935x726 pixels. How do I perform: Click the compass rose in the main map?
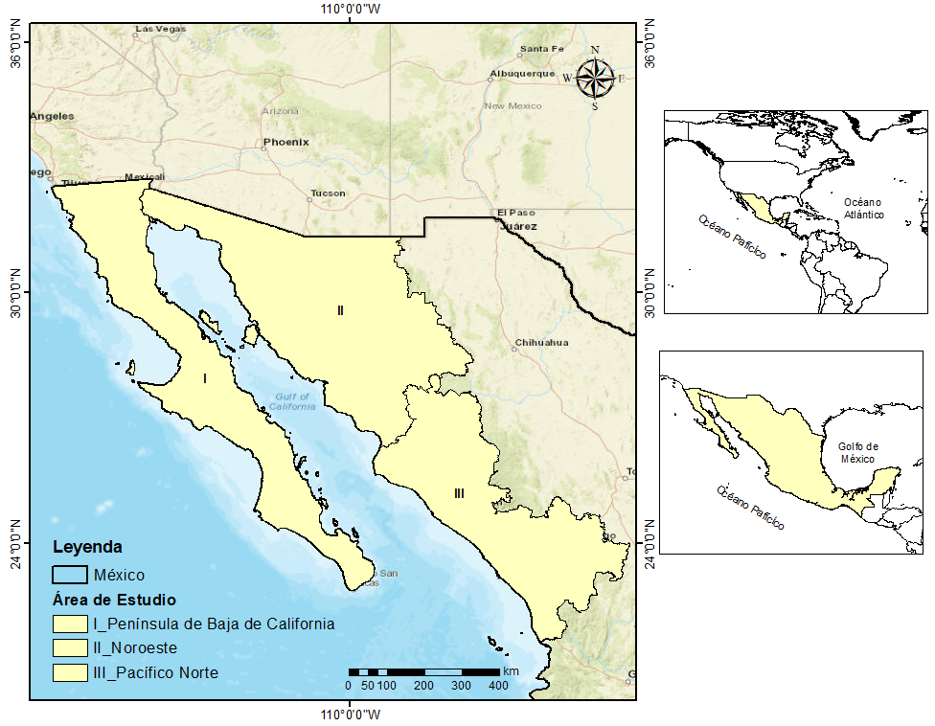coord(596,79)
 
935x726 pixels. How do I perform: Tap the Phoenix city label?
coord(286,142)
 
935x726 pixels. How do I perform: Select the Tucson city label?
coord(328,193)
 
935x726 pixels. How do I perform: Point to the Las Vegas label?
coord(160,29)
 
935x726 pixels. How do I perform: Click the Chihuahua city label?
coord(541,342)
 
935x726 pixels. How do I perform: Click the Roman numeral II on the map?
coord(340,310)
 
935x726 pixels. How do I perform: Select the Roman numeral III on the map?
coord(460,493)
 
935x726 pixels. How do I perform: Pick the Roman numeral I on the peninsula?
coord(205,378)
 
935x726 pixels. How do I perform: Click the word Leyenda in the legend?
coord(87,548)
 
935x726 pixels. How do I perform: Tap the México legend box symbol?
coord(70,575)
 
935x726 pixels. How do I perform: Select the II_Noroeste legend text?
coord(135,648)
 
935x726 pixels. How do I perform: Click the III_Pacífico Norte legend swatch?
coord(70,673)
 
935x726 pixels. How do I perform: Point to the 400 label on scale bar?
coord(498,686)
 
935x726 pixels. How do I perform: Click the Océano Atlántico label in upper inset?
coord(864,209)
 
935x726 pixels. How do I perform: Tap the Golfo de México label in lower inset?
coord(858,452)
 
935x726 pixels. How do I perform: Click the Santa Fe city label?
coord(542,49)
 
